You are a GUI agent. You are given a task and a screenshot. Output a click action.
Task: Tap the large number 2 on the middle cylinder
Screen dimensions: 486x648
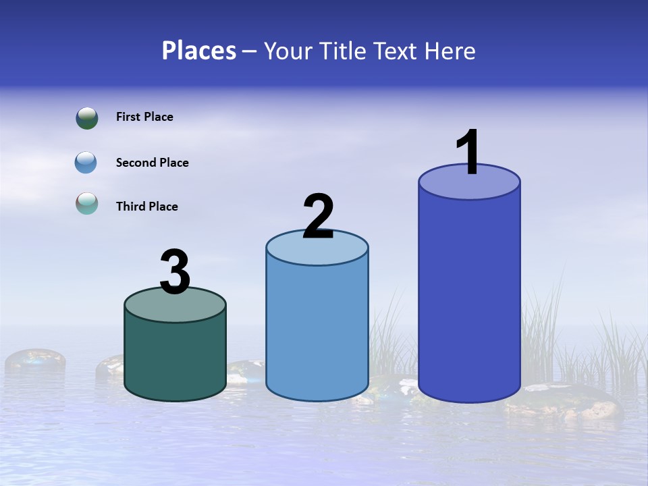[x=318, y=217]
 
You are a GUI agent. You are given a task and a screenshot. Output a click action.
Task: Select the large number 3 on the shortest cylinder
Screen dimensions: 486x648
[x=175, y=272]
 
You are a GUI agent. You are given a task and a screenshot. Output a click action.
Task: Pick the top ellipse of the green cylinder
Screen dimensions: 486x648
[x=175, y=304]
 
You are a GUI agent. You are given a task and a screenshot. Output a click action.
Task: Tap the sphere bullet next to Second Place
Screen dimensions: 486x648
[x=86, y=163]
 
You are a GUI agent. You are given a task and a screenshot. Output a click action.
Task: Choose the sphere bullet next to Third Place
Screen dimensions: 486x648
[x=86, y=203]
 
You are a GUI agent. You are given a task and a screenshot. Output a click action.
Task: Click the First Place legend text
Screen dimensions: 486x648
[x=144, y=117]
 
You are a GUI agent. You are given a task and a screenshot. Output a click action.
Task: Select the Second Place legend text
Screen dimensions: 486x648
[x=152, y=163]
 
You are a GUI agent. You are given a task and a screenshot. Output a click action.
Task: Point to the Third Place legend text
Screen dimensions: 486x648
[x=146, y=207]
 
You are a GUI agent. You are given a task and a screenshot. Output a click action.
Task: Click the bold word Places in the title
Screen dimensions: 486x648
[x=199, y=51]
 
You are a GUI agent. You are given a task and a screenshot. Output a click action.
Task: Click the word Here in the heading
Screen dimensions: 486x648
[x=450, y=51]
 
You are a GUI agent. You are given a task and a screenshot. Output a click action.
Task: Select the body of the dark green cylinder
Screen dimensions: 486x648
[x=175, y=354]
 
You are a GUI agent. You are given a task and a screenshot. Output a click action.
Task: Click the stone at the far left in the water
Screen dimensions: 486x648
[x=35, y=360]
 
